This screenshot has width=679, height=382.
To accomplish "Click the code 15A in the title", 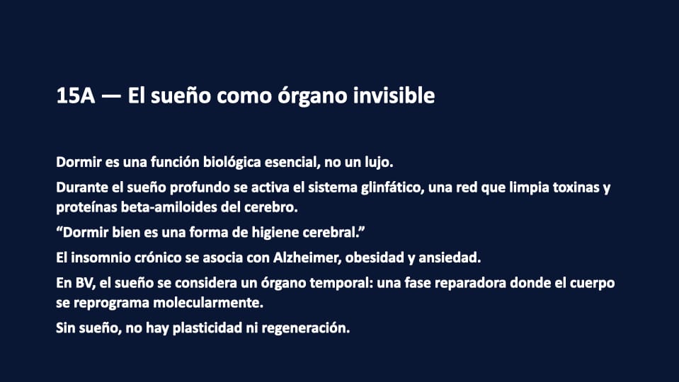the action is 75,95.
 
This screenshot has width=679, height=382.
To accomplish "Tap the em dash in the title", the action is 111,96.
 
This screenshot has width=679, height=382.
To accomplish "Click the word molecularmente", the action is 208,302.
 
